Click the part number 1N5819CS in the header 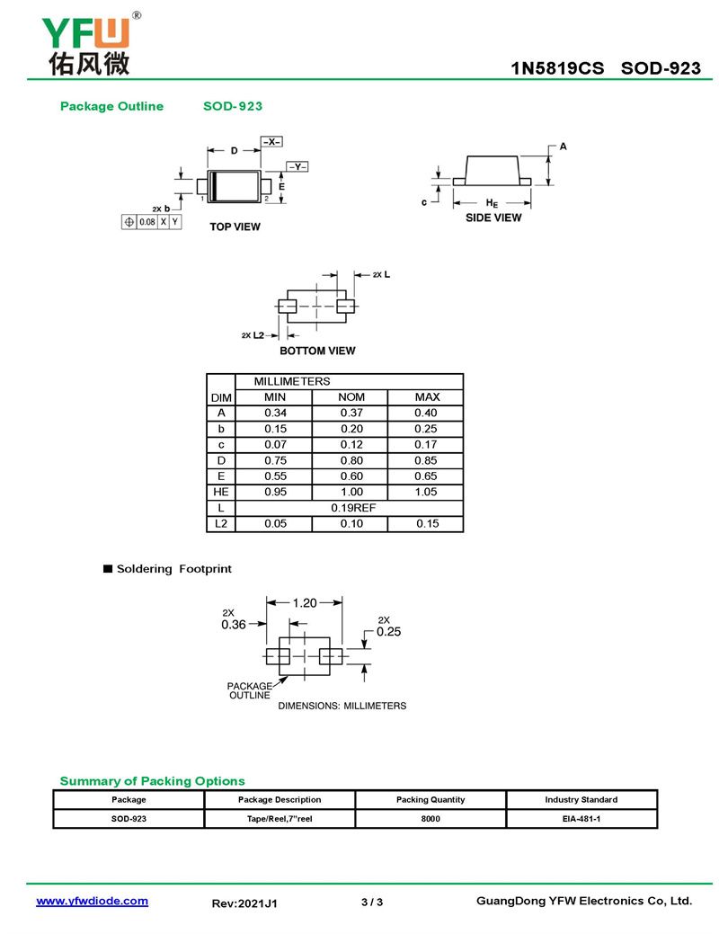click(557, 68)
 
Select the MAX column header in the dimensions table click(426, 397)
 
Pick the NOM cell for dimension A click(351, 413)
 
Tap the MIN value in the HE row click(275, 492)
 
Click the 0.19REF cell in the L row click(351, 508)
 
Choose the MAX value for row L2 click(426, 523)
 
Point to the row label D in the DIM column click(220, 460)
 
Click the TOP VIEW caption click(235, 227)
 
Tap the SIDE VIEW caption click(493, 218)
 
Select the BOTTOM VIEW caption click(317, 351)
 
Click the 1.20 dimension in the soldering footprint click(305, 603)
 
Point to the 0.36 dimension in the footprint click(234, 625)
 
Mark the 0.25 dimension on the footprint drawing click(388, 631)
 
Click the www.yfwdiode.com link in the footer click(92, 901)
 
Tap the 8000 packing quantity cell click(431, 819)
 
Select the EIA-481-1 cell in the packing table click(581, 819)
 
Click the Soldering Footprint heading click(174, 569)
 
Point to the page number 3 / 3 click(371, 902)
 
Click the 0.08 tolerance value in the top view click(146, 221)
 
